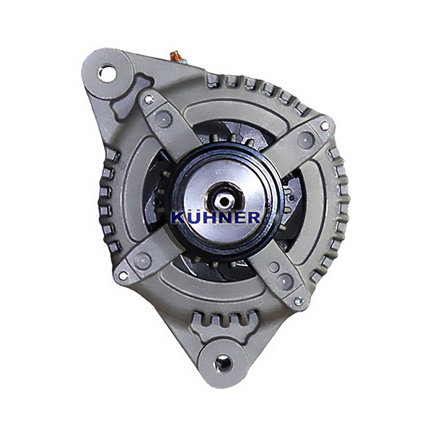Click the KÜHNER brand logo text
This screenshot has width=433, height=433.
tap(215, 217)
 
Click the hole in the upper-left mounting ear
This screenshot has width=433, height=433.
tap(108, 74)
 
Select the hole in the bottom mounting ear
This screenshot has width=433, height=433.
tap(223, 364)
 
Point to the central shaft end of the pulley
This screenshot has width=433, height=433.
tap(224, 201)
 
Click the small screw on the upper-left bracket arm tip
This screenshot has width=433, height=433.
tap(149, 99)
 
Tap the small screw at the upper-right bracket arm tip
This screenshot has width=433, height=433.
tap(325, 126)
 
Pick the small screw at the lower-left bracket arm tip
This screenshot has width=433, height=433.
tap(123, 275)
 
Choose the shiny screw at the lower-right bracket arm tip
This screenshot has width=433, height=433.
tap(299, 301)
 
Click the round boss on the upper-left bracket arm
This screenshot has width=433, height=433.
tap(163, 119)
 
